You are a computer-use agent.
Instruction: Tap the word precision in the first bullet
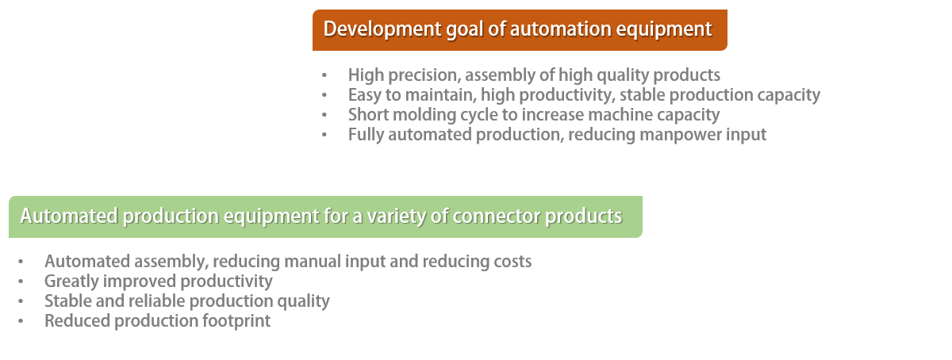[424, 75]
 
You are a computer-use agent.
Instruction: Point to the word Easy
[365, 96]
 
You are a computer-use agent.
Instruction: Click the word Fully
[366, 135]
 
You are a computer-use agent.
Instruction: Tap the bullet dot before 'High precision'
[324, 75]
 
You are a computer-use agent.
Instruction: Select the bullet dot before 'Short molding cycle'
[324, 115]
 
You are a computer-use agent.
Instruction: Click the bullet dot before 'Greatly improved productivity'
[21, 281]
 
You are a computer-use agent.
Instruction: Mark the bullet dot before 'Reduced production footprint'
[21, 321]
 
